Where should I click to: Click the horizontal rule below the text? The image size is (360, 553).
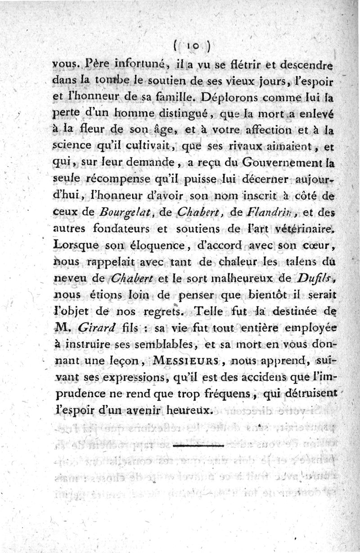[198, 445]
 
